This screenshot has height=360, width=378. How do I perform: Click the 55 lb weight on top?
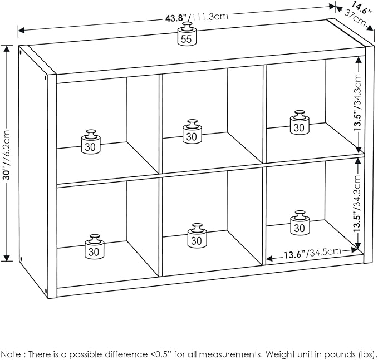pyautogui.click(x=187, y=34)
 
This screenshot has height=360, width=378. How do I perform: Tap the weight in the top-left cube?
pyautogui.click(x=91, y=142)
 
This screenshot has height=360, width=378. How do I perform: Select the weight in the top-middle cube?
pyautogui.click(x=192, y=131)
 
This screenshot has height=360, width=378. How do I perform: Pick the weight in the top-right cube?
pyautogui.click(x=300, y=122)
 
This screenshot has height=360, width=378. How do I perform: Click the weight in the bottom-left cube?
pyautogui.click(x=94, y=246)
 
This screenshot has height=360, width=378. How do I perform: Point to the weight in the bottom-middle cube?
pyautogui.click(x=197, y=235)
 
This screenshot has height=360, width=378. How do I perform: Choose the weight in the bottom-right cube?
pyautogui.click(x=300, y=223)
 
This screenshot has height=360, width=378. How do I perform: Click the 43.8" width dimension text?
pyautogui.click(x=176, y=18)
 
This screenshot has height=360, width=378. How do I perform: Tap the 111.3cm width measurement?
pyautogui.click(x=209, y=17)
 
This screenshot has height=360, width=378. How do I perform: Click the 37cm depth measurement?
pyautogui.click(x=354, y=17)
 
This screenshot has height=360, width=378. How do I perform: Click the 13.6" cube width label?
pyautogui.click(x=294, y=255)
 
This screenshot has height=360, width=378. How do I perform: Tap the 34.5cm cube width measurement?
pyautogui.click(x=324, y=252)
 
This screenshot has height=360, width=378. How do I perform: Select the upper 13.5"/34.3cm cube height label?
pyautogui.click(x=358, y=102)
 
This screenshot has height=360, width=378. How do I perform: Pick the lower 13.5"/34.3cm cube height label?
pyautogui.click(x=357, y=204)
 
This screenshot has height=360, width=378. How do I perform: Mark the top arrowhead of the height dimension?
pyautogui.click(x=7, y=49)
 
